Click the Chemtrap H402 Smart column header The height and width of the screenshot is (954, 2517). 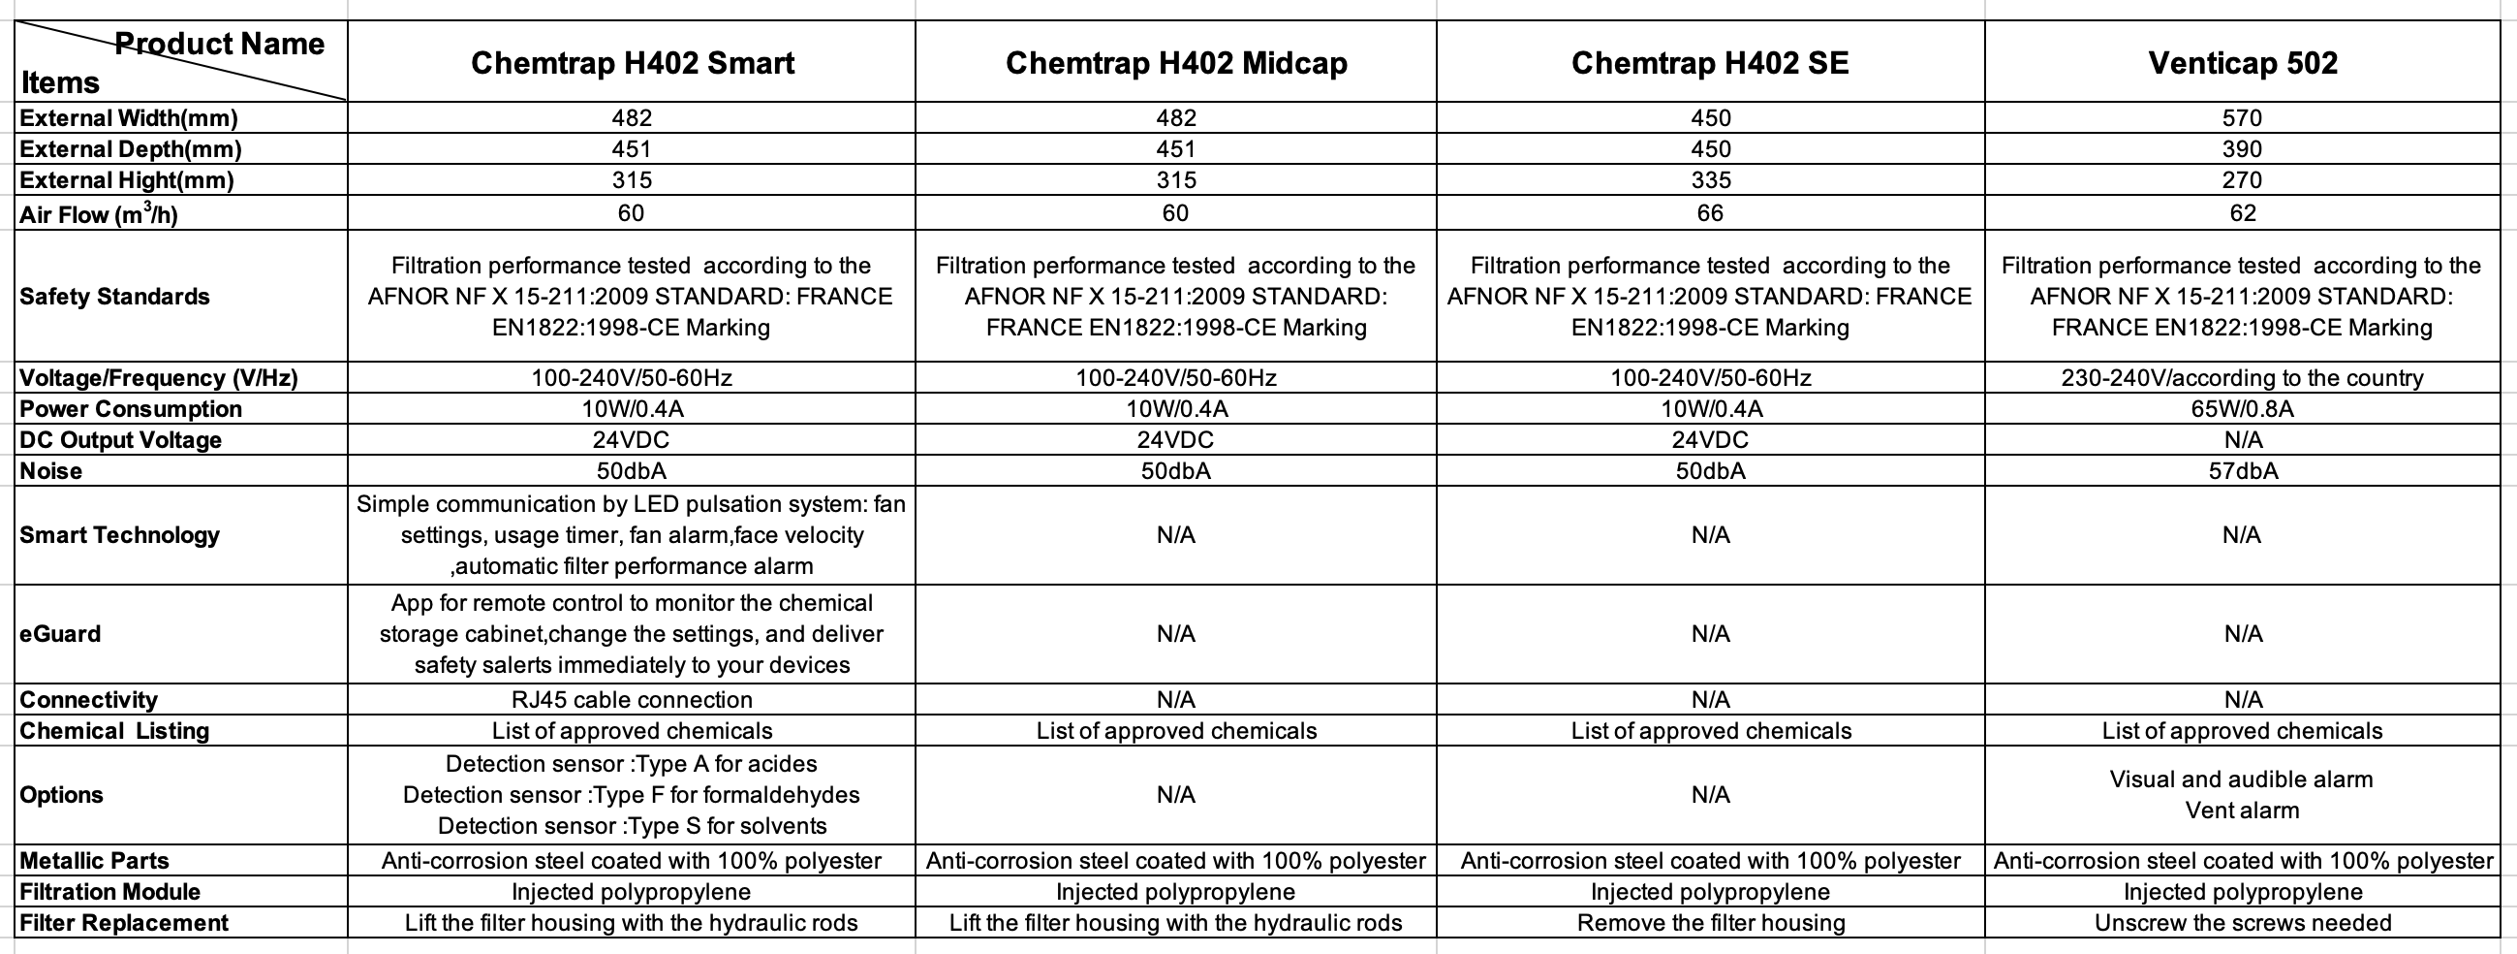[x=633, y=64]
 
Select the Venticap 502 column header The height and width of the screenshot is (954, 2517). [x=2243, y=64]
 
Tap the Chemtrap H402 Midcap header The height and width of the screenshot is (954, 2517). [x=1175, y=64]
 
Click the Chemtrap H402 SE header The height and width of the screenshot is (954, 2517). [x=1710, y=64]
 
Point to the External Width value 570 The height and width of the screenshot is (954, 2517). [x=2242, y=118]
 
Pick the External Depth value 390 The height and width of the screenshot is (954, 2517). [x=2242, y=149]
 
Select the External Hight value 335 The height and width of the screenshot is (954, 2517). [x=1710, y=181]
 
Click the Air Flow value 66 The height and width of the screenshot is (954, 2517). [x=1710, y=213]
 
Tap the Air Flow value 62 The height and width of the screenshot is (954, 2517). [x=2243, y=213]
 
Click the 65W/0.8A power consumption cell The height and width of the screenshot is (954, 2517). [x=2243, y=409]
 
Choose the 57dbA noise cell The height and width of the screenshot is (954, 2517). [x=2243, y=471]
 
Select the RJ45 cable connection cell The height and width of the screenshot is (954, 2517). [x=633, y=700]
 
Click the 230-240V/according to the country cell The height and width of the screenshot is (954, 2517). [x=2243, y=378]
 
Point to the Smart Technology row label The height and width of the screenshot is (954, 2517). [x=119, y=534]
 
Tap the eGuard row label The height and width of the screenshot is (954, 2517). [x=60, y=634]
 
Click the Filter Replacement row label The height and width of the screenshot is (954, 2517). [x=123, y=923]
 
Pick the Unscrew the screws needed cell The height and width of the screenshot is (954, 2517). [x=2243, y=923]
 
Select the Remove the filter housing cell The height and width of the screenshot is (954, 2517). [x=1710, y=923]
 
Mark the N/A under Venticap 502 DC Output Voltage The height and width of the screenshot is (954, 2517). [x=2243, y=440]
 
